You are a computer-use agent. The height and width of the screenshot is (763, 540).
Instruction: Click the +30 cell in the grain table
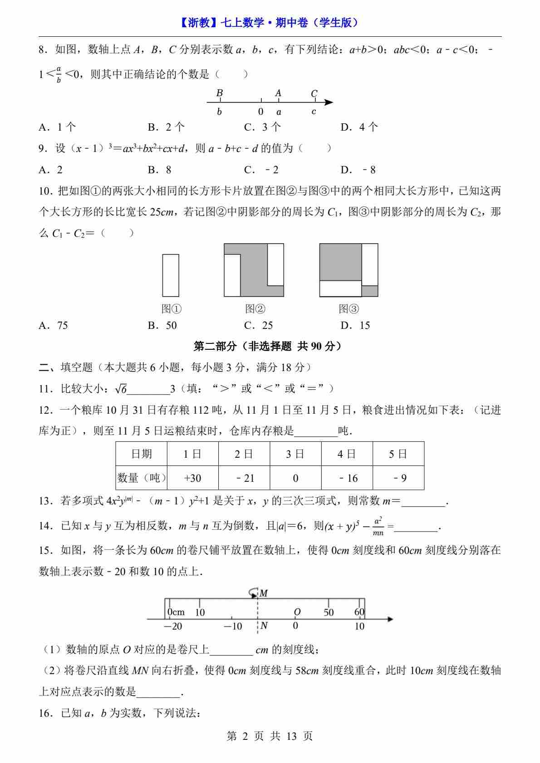pyautogui.click(x=192, y=478)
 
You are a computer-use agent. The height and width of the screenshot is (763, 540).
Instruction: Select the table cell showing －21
pyautogui.click(x=244, y=478)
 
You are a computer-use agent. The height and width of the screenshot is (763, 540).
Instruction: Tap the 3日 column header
pyautogui.click(x=295, y=454)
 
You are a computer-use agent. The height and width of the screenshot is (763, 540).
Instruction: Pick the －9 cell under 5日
pyautogui.click(x=398, y=478)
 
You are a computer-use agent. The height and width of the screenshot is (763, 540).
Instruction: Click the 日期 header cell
pyautogui.click(x=142, y=454)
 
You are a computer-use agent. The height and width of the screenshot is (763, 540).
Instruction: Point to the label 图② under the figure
pyautogui.click(x=255, y=309)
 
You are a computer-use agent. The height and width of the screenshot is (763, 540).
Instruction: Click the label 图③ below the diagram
pyautogui.click(x=349, y=309)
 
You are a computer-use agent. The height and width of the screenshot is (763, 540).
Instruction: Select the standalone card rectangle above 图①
pyautogui.click(x=171, y=275)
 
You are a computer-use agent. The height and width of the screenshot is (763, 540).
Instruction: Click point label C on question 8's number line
pyautogui.click(x=314, y=93)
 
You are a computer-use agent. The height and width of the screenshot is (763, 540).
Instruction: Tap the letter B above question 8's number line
pyautogui.click(x=220, y=93)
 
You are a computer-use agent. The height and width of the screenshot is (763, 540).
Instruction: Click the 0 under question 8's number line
pyautogui.click(x=261, y=112)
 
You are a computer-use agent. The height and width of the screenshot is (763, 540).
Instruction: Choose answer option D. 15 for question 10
pyautogui.click(x=355, y=325)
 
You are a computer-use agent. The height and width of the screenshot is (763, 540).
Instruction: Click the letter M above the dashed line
pyautogui.click(x=264, y=593)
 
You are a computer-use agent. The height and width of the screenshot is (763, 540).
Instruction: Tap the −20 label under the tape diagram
pyautogui.click(x=173, y=626)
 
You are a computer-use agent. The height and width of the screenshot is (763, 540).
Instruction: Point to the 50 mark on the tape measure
pyautogui.click(x=329, y=612)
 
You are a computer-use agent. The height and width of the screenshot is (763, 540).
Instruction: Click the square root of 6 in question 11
pyautogui.click(x=121, y=389)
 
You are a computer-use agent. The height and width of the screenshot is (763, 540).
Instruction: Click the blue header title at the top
pyautogui.click(x=270, y=23)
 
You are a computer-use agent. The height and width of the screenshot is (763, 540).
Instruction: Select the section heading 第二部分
pyautogui.click(x=268, y=347)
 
